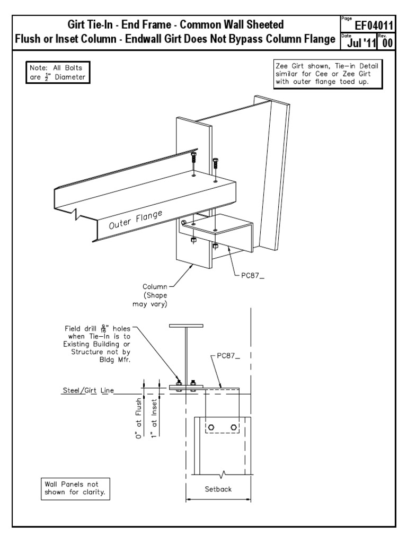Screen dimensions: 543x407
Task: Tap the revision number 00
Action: pyautogui.click(x=387, y=42)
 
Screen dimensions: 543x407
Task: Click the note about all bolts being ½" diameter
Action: pyautogui.click(x=57, y=72)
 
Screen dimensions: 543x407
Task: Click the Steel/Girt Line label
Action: pyautogui.click(x=87, y=392)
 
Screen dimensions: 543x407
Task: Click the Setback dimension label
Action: pyautogui.click(x=218, y=489)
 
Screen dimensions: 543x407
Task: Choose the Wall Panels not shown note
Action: pyautogui.click(x=75, y=488)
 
